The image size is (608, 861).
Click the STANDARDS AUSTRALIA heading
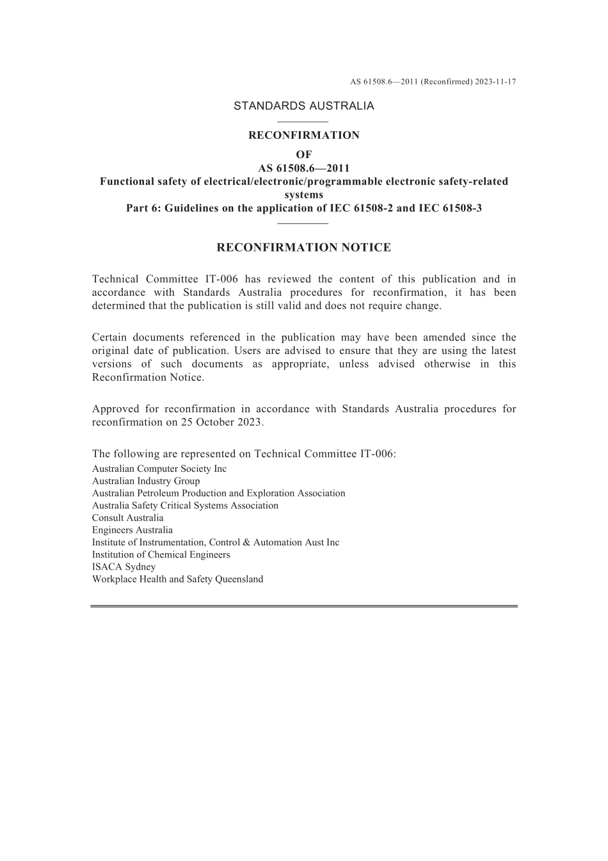click(303, 106)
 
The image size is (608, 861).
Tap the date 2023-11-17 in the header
click(495, 82)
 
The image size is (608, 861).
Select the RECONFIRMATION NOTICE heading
click(303, 248)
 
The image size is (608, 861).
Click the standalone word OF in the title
click(303, 155)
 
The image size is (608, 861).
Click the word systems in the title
click(303, 195)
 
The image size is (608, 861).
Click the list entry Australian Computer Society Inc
click(159, 469)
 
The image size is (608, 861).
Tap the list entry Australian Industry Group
click(146, 481)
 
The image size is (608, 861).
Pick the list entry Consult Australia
click(127, 518)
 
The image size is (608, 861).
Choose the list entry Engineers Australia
click(132, 530)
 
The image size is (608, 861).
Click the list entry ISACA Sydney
click(124, 567)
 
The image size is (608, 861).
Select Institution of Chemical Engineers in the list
click(161, 555)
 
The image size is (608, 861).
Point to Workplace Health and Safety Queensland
click(177, 579)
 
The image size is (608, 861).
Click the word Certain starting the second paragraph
click(112, 337)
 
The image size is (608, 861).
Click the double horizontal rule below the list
click(303, 606)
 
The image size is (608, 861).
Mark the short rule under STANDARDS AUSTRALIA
click(303, 121)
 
